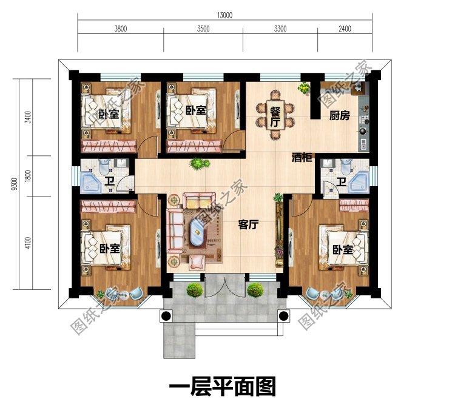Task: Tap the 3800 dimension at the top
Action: click(120, 29)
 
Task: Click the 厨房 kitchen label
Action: click(340, 116)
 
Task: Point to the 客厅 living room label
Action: click(249, 225)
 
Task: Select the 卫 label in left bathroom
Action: click(109, 181)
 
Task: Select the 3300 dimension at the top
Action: click(280, 29)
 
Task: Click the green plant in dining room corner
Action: click(302, 88)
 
